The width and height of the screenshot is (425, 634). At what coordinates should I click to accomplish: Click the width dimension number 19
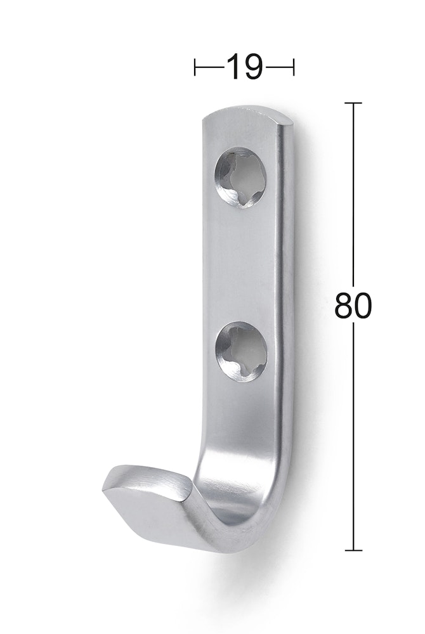(x=244, y=67)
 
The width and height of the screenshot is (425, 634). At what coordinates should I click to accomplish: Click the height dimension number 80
(x=352, y=306)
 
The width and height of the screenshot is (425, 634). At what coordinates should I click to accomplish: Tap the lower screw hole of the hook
(x=242, y=351)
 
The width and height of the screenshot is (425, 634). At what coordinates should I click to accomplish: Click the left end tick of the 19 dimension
(x=195, y=67)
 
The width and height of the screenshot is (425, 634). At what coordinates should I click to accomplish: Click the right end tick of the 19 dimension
(x=294, y=67)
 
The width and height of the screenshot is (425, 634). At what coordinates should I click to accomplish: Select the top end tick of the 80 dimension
(x=353, y=103)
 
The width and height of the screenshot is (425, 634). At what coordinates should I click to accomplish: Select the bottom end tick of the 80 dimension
(x=353, y=550)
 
